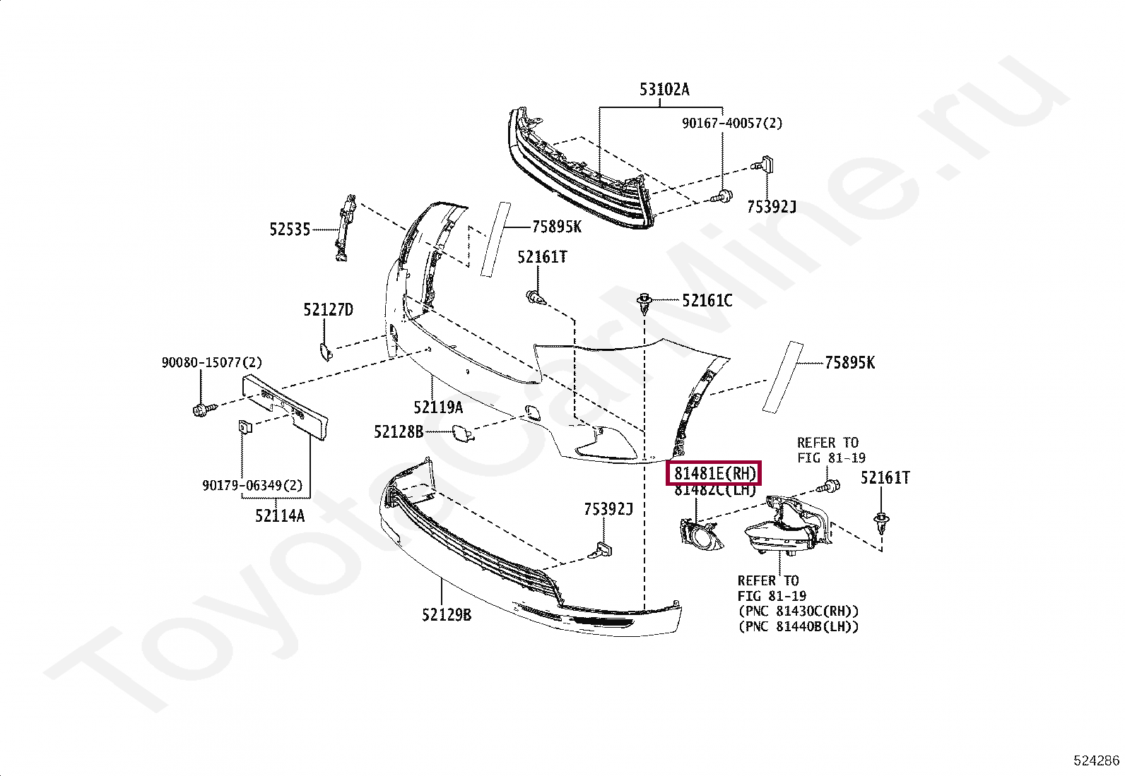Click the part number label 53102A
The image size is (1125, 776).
tap(664, 90)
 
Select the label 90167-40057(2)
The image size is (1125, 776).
tap(732, 123)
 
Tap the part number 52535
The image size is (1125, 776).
tap(289, 229)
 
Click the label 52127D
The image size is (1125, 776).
tap(328, 309)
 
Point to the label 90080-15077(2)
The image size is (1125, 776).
tap(211, 362)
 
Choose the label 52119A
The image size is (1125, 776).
tap(438, 407)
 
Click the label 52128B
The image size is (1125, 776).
tap(399, 431)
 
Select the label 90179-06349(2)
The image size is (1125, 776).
tap(252, 486)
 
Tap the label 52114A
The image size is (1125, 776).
tap(280, 515)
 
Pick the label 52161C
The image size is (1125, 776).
tap(707, 301)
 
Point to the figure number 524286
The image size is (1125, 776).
tap(1096, 760)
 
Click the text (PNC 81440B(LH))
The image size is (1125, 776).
tap(798, 626)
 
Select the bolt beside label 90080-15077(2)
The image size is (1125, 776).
tap(199, 408)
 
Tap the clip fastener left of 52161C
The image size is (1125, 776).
tap(644, 304)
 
